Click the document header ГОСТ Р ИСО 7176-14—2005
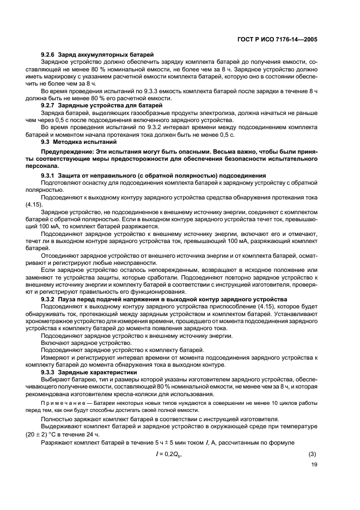pyautogui.click(x=278, y=39)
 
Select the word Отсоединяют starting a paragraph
pyautogui.click(x=62, y=253)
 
